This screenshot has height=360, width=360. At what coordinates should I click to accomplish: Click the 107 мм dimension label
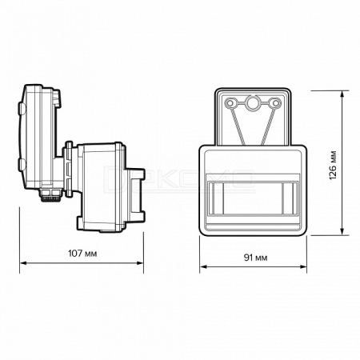click(x=82, y=254)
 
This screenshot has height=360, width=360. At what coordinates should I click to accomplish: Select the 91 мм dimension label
click(x=255, y=258)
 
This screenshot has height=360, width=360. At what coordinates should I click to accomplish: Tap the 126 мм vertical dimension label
click(x=333, y=166)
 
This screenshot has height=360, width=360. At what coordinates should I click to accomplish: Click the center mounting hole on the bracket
click(x=251, y=102)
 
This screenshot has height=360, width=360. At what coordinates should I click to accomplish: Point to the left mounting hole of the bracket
click(x=230, y=103)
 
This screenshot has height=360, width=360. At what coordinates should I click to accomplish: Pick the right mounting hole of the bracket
click(x=274, y=103)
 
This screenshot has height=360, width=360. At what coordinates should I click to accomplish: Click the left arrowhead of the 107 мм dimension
click(x=23, y=263)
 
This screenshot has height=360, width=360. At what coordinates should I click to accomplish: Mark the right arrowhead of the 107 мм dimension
click(x=140, y=263)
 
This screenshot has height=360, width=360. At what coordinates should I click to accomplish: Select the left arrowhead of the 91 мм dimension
click(x=203, y=266)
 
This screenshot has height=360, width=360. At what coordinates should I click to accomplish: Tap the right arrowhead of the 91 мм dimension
click(x=303, y=266)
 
